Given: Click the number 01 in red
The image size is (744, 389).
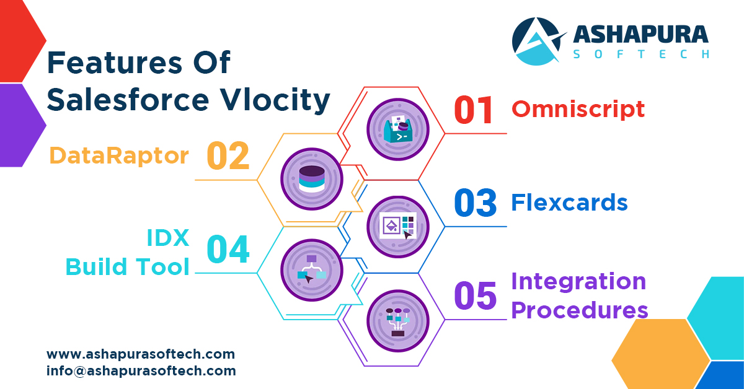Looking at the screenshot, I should (474, 110).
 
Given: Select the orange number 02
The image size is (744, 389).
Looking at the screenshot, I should (228, 155).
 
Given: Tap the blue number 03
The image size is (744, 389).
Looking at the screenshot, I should (475, 203).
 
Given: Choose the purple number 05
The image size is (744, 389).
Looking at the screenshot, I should (475, 295).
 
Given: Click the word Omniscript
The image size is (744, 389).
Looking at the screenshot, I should (578, 109).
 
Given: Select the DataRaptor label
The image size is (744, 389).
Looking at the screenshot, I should (119, 155).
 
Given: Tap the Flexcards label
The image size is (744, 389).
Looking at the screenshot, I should (569, 203).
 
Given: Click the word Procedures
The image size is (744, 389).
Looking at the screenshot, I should (580, 310).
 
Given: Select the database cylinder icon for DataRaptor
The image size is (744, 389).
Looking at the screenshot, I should (311, 178).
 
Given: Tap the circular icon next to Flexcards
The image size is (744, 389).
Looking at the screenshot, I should (397, 227).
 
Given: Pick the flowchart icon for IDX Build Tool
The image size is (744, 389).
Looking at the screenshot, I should (311, 270).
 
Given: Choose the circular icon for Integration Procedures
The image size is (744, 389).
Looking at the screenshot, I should (397, 321).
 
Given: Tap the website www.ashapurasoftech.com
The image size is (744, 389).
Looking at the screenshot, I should (141, 355).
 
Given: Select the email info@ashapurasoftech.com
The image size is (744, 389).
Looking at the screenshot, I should (141, 371).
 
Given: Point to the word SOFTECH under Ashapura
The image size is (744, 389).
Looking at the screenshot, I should (641, 55).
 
